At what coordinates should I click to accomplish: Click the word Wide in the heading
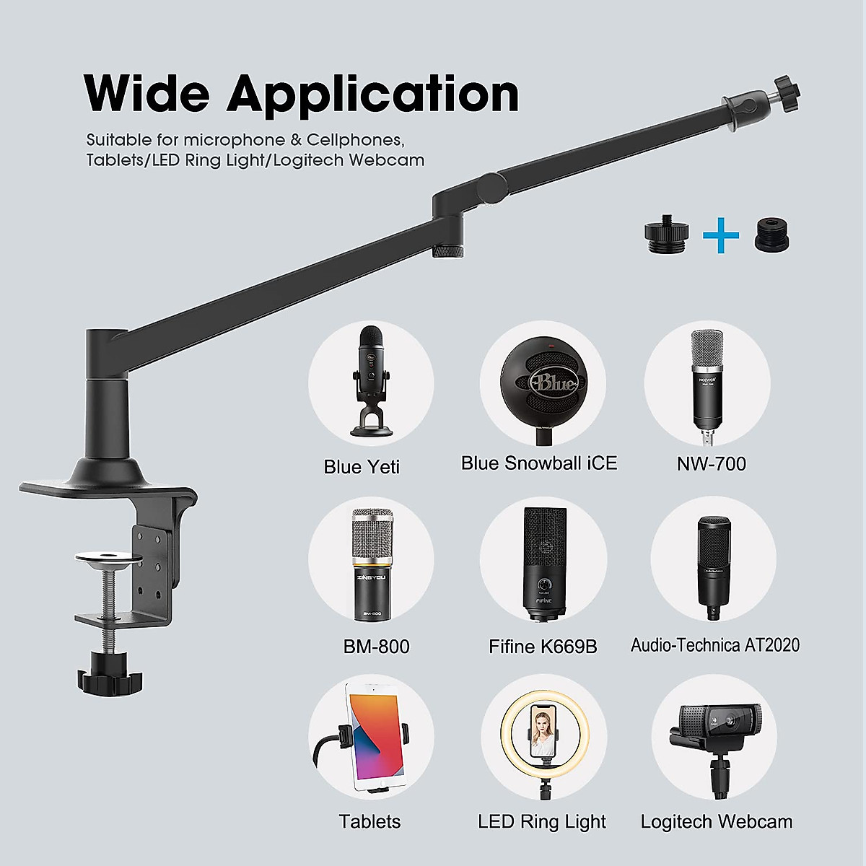(146, 94)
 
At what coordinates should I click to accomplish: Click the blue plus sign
(721, 236)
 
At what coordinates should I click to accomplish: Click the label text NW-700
(711, 463)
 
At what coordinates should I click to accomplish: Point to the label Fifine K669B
(543, 647)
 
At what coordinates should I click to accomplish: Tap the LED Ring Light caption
(542, 821)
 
